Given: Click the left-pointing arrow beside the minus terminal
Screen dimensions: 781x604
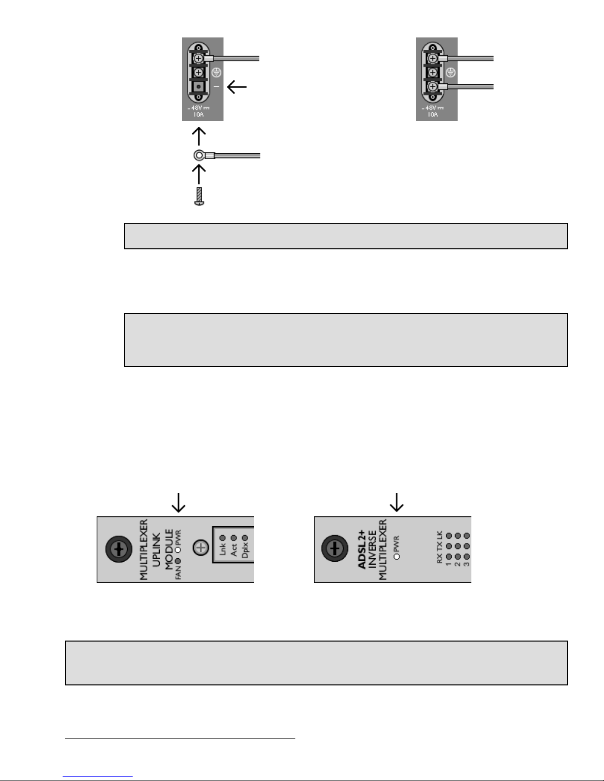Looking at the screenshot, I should point(237,87).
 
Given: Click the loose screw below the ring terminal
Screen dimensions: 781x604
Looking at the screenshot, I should point(199,196).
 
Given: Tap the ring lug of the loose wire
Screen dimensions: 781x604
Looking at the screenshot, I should point(198,156).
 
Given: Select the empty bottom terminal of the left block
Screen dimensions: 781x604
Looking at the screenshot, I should point(198,87).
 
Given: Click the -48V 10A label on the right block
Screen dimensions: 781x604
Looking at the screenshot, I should point(432,111).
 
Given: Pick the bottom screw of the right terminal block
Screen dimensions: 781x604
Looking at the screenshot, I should point(432,87).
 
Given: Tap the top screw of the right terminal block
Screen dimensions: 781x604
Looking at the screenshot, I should point(432,59).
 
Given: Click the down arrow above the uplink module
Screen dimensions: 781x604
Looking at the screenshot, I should point(178,502).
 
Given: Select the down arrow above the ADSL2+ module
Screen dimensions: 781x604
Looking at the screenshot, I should point(396,502).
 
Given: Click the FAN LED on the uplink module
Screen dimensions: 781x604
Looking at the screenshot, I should point(178,561).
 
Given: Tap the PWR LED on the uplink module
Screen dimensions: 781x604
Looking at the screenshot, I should point(178,549).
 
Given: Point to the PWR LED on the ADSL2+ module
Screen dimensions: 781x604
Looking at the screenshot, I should point(397,556).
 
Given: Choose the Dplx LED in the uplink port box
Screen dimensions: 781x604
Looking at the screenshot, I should point(245,538).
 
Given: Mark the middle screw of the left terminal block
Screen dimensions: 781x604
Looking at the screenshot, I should point(198,72).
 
